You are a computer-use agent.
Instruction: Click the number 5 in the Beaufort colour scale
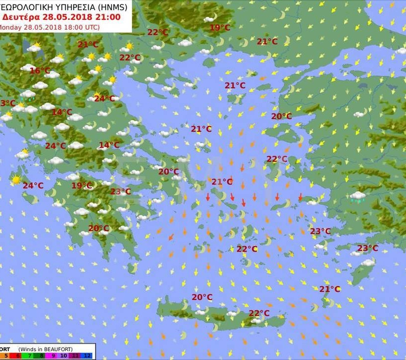click(x=6, y=356)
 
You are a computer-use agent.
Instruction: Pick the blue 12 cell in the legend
click(x=87, y=356)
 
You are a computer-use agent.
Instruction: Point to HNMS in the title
click(x=112, y=6)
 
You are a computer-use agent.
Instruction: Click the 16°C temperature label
click(x=40, y=71)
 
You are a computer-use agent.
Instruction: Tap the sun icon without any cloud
click(x=16, y=180)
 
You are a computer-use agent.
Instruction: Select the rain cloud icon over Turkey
click(x=357, y=197)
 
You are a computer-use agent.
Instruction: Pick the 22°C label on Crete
click(x=259, y=313)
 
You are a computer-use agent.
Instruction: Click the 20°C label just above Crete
click(x=202, y=297)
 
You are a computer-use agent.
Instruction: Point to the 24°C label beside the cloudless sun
click(x=33, y=186)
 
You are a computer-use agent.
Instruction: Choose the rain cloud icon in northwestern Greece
click(x=28, y=95)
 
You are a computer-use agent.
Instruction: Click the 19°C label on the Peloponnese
click(x=82, y=186)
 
